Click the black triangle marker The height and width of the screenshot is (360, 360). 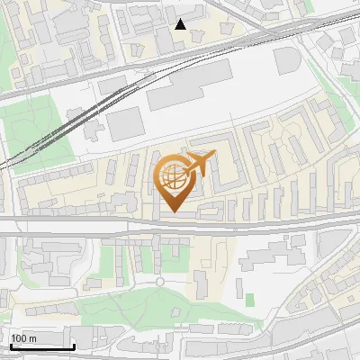coord(181,24)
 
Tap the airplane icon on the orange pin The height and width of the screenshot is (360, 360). coord(198,164)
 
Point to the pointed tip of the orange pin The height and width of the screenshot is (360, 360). coord(173,212)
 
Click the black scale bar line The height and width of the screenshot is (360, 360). coord(41,346)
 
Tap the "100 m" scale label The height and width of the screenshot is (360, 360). coord(24,338)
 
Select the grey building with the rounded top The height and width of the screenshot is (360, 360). coord(288,61)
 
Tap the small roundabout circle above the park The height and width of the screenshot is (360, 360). coord(160,281)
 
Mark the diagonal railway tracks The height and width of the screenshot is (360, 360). coord(72,121)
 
